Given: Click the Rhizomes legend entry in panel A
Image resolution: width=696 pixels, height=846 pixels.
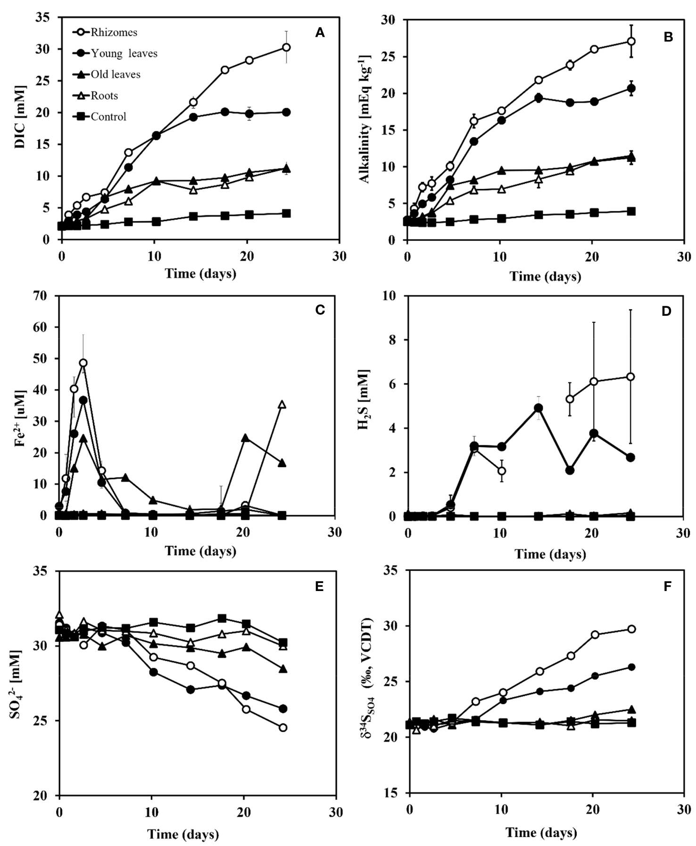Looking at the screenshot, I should [114, 33].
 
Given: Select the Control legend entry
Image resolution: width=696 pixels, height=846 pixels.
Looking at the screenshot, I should [108, 116].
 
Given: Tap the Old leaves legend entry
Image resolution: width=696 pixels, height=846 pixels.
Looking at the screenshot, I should [115, 74].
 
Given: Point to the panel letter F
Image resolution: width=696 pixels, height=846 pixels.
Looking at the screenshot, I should [667, 586].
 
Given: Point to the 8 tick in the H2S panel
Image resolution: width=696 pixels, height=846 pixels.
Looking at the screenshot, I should [392, 340].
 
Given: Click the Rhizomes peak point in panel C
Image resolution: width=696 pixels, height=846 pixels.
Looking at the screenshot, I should [83, 363].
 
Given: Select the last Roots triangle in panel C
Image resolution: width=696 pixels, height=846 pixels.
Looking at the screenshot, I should [282, 404].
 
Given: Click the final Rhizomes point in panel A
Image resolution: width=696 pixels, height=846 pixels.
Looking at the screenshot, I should [286, 47].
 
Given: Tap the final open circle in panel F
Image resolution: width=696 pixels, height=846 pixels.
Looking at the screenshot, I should [631, 629].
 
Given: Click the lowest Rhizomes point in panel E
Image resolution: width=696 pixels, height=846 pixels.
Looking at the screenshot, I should [283, 728].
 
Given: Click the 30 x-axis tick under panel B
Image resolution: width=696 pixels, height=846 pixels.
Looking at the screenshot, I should [684, 257].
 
